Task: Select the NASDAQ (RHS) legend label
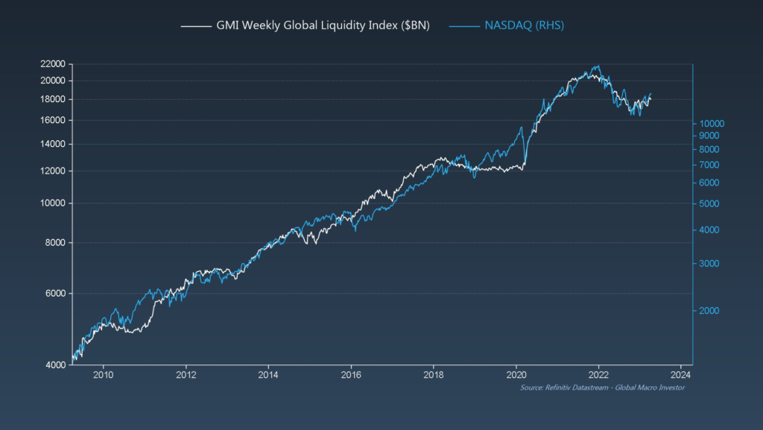525,25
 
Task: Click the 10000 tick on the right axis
712,124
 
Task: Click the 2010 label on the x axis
103,375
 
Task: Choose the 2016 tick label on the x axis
351,375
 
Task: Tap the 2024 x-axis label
681,375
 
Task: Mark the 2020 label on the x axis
516,375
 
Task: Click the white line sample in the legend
196,26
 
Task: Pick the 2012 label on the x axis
186,375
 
